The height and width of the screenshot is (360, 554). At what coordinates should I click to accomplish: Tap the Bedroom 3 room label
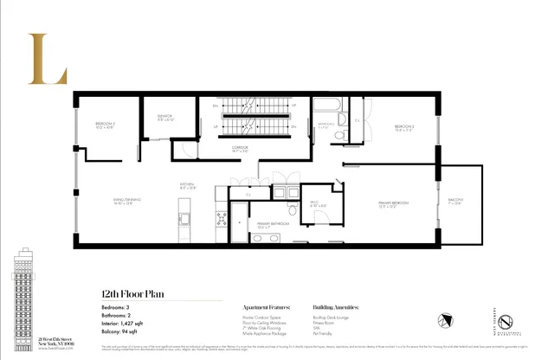click(106, 126)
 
